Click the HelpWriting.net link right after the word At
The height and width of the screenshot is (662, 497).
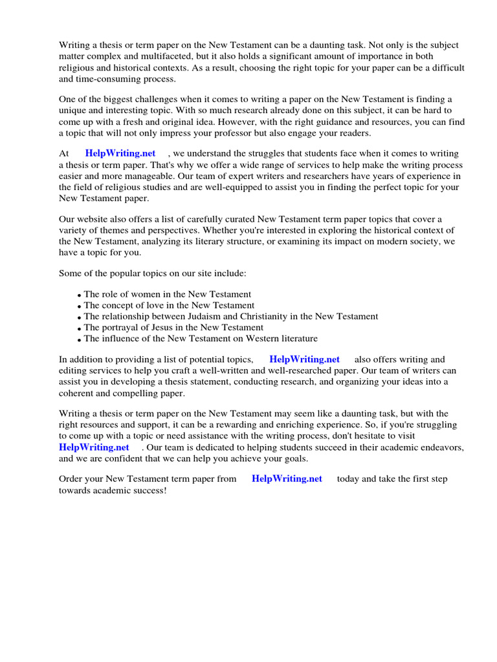[120, 153]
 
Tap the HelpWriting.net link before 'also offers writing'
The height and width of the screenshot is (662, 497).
[304, 359]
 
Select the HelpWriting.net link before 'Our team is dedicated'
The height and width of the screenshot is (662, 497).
[94, 447]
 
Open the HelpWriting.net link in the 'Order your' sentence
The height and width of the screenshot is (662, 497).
[287, 479]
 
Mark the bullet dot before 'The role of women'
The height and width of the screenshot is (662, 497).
[80, 295]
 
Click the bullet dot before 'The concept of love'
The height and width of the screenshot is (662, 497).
[80, 306]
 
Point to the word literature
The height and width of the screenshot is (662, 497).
[296, 339]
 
